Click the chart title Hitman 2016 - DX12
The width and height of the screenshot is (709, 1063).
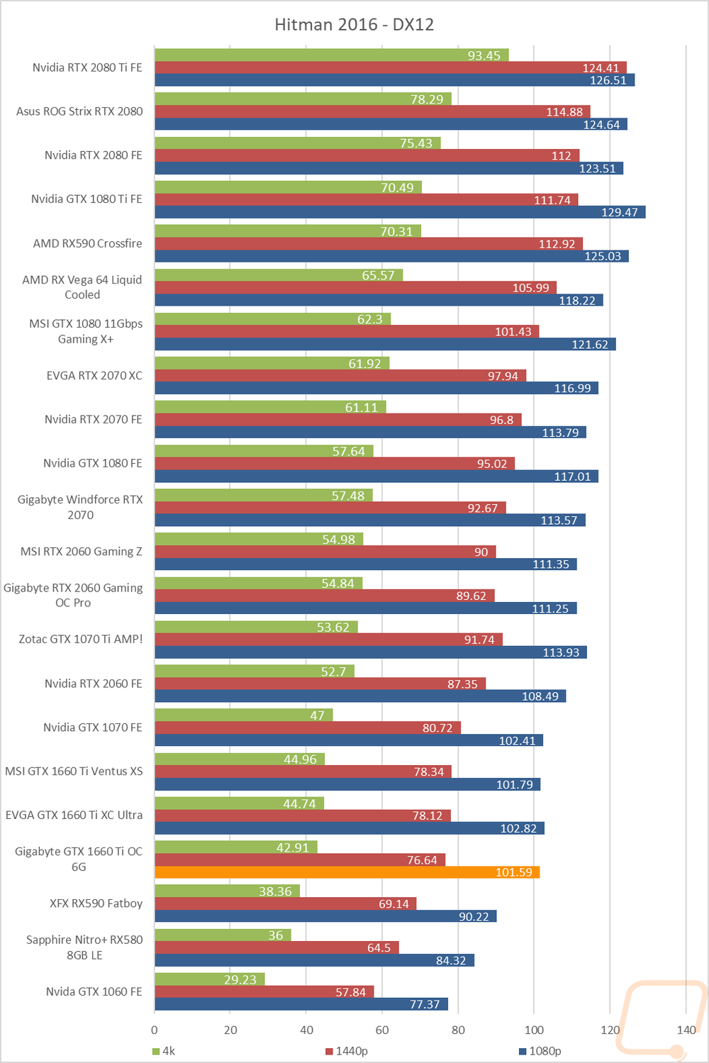click(354, 25)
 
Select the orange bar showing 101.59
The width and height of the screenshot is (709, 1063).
click(347, 872)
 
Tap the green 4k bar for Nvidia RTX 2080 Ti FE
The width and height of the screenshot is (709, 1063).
click(331, 55)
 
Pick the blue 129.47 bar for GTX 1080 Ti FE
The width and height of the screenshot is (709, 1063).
click(399, 212)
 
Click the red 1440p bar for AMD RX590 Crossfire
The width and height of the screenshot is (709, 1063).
click(368, 243)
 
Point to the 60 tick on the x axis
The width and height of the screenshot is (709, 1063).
click(382, 1030)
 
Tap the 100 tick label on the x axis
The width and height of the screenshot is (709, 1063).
click(534, 1030)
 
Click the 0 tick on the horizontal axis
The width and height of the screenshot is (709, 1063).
click(155, 1030)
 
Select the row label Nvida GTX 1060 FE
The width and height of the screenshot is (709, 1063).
click(94, 991)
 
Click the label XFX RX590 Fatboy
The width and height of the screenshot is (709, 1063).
click(96, 903)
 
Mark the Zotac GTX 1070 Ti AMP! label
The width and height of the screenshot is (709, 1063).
click(80, 639)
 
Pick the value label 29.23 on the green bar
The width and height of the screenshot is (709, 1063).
click(240, 979)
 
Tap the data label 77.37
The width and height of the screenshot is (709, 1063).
click(425, 1004)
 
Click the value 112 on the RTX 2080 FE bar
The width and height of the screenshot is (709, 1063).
click(561, 156)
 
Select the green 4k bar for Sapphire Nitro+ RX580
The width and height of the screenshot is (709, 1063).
click(222, 935)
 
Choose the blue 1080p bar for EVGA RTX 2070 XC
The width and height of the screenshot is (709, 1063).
click(376, 388)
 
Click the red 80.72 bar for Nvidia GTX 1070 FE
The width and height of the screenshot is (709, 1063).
click(307, 728)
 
